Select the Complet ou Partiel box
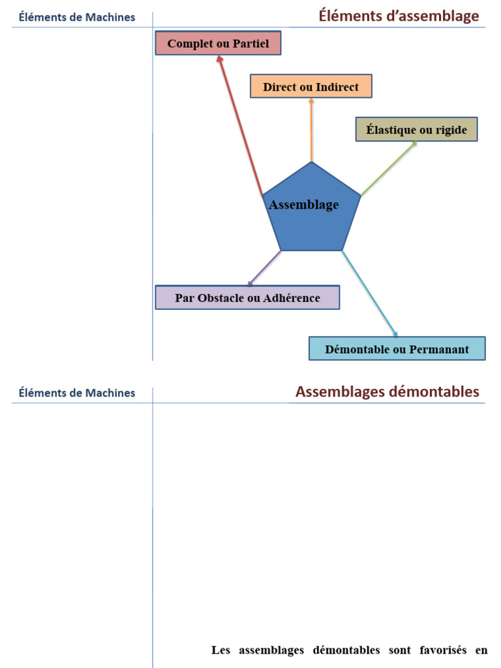coord(218,43)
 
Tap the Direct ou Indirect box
coord(311,86)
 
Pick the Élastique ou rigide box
coord(416,129)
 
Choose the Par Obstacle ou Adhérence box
coord(247,297)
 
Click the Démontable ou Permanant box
coord(397,348)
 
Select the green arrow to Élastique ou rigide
coord(388,168)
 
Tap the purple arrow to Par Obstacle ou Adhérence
coord(264,268)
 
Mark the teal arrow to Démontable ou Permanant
coord(369,293)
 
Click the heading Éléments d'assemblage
coord(399,16)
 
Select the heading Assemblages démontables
coord(387,392)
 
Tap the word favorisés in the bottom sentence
coord(440,650)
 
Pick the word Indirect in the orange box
coord(337,87)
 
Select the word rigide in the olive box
coord(451,130)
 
